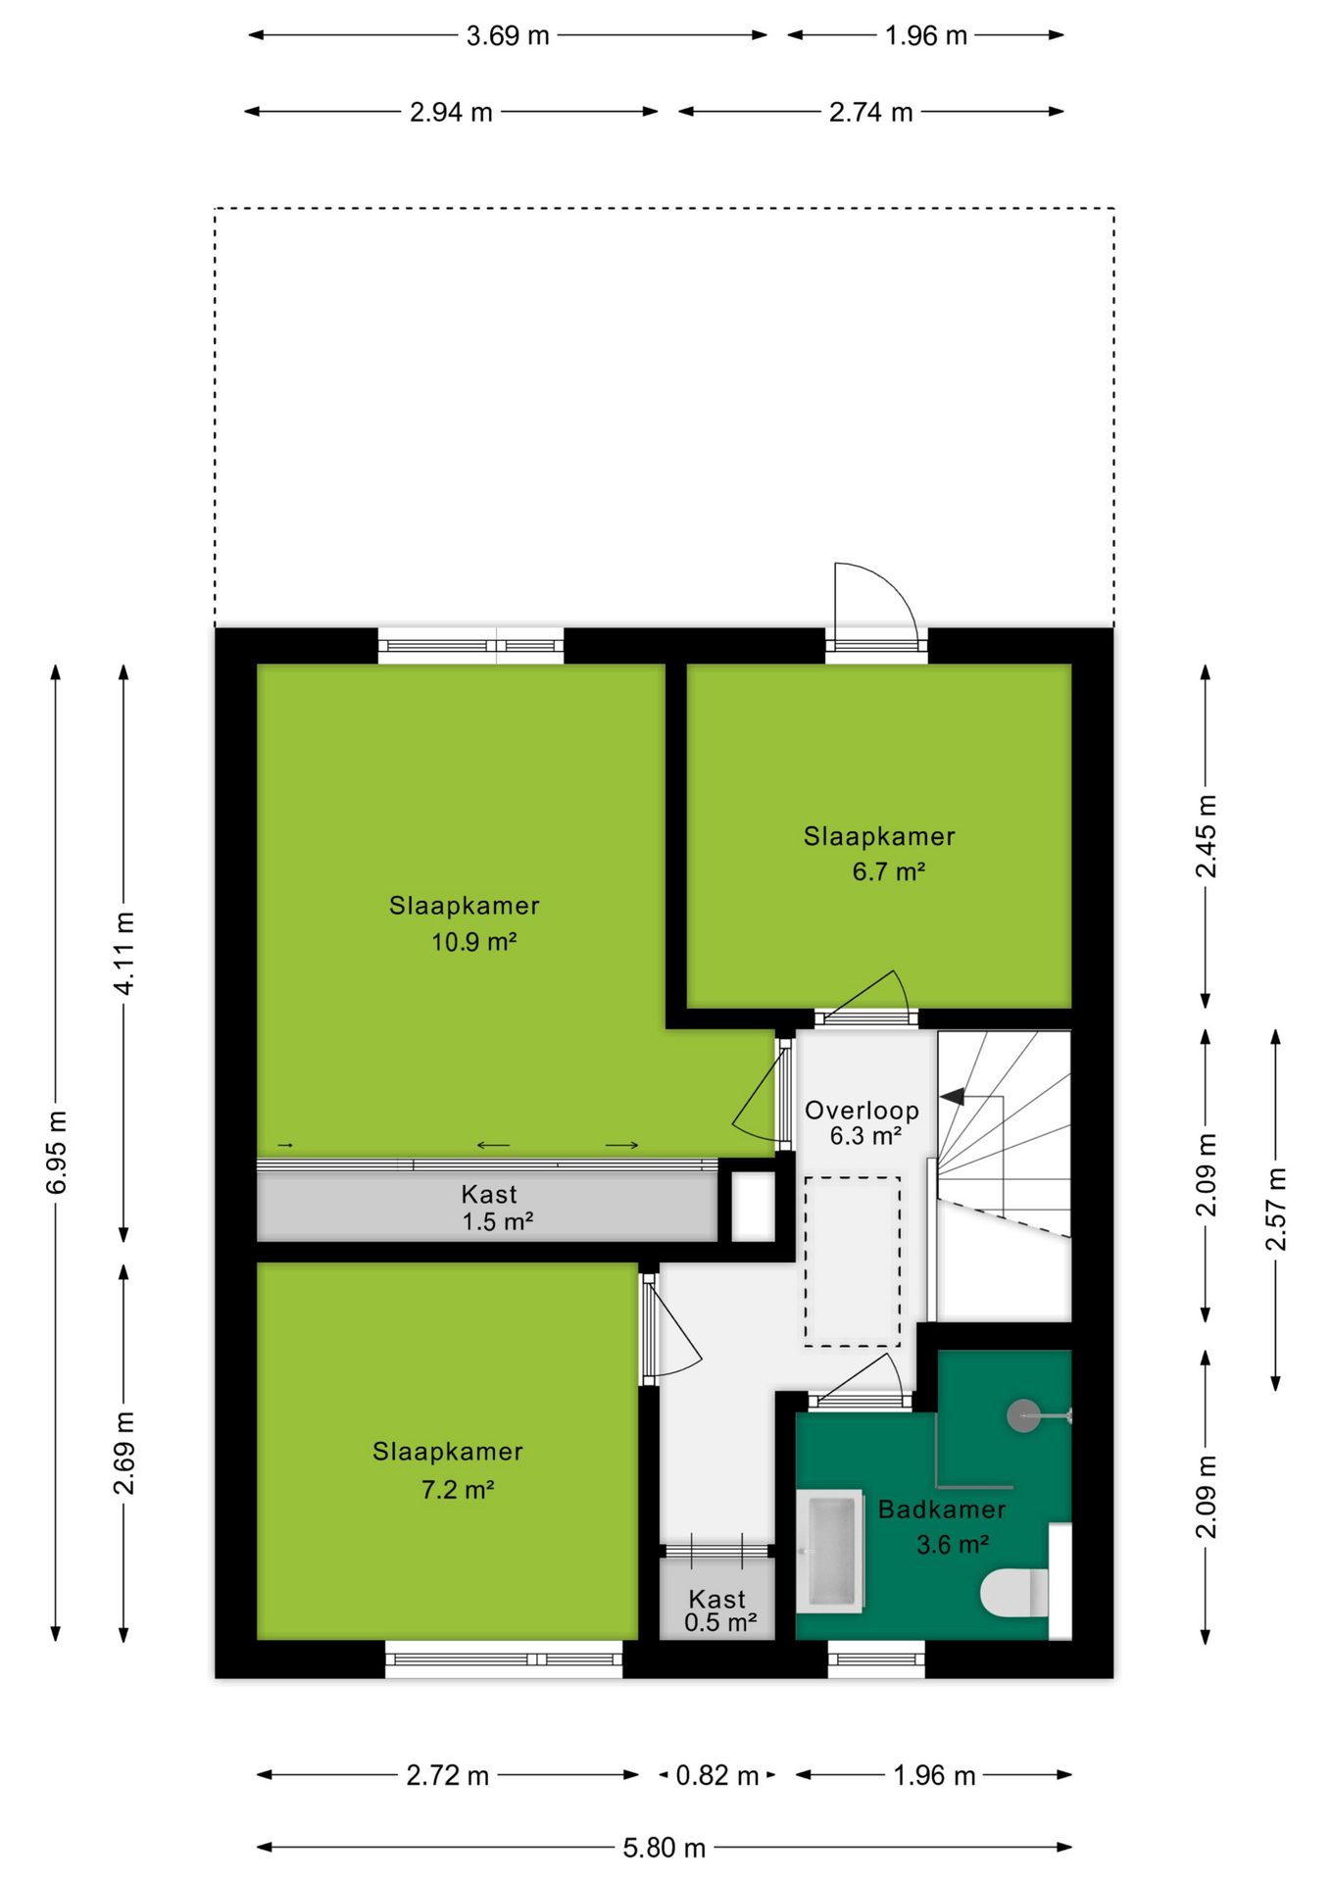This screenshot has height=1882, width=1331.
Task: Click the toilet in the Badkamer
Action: [1015, 1593]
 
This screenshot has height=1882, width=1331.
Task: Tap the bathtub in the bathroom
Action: [829, 1551]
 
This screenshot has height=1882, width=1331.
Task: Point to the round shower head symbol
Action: [1024, 1415]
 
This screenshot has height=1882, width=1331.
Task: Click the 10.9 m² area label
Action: [474, 942]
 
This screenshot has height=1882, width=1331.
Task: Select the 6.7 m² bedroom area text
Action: [889, 871]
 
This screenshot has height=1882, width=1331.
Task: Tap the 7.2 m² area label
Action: [458, 1490]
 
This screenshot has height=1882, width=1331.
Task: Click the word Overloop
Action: [863, 1111]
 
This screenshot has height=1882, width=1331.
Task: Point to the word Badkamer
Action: [942, 1510]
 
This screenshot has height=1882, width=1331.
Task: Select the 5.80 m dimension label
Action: [665, 1848]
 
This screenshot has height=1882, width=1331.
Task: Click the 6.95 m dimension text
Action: [57, 1153]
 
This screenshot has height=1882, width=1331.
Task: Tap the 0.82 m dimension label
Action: [717, 1775]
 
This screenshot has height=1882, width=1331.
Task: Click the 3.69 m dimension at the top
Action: [508, 35]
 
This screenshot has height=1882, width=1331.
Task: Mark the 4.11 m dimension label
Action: [124, 953]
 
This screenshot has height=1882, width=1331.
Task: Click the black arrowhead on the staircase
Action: [952, 1096]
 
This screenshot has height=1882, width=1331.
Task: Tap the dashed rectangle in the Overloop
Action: [853, 1262]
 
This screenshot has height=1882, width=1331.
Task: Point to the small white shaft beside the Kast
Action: [753, 1206]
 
